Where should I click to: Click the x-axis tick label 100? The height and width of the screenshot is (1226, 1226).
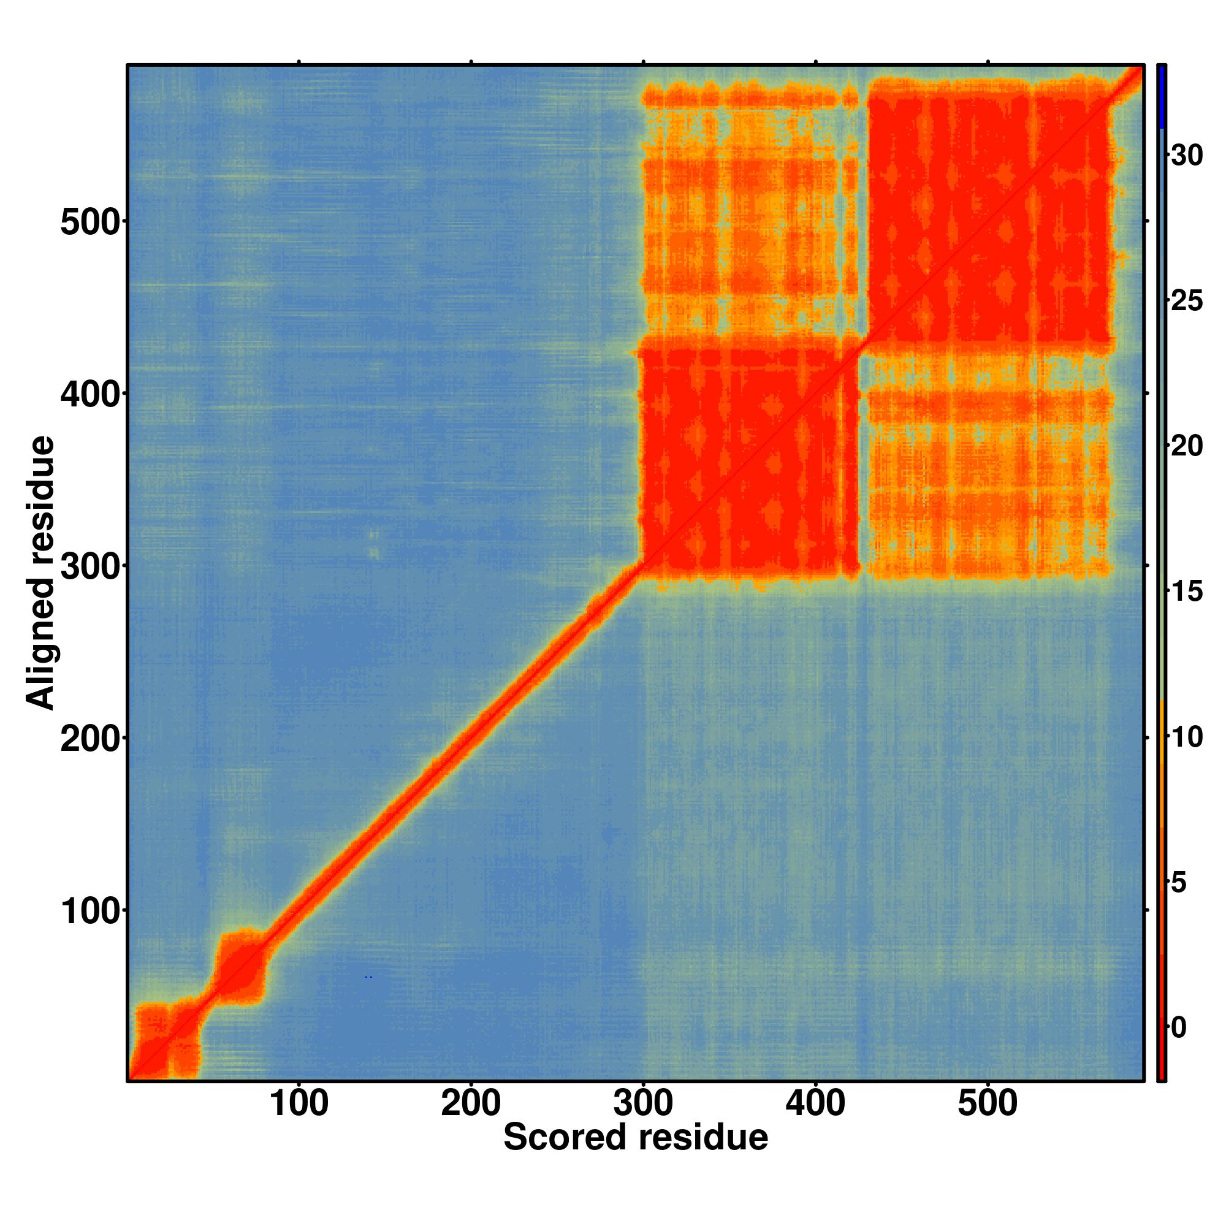coord(299,1105)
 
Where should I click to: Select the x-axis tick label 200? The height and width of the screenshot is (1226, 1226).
coord(471,1105)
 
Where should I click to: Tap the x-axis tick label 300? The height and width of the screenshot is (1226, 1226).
coord(643,1105)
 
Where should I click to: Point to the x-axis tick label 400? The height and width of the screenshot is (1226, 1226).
coord(815,1105)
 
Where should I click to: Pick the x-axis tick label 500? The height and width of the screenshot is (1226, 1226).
coord(988,1105)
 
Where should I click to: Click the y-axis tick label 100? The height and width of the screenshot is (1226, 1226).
coord(89,913)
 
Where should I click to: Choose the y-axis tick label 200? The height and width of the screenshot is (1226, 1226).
coord(89,740)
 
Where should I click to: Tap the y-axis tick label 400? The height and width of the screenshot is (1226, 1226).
coord(89,395)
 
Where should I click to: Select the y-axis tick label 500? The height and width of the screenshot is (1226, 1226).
coord(89,223)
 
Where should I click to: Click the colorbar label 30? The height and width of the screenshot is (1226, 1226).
coord(1187,156)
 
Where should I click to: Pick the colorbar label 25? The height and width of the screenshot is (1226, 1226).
coord(1187,301)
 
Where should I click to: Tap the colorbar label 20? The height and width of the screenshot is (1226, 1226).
coord(1187,447)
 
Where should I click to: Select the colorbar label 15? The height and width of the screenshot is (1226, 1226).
coord(1187,592)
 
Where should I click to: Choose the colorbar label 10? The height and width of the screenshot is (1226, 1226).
coord(1187,738)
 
